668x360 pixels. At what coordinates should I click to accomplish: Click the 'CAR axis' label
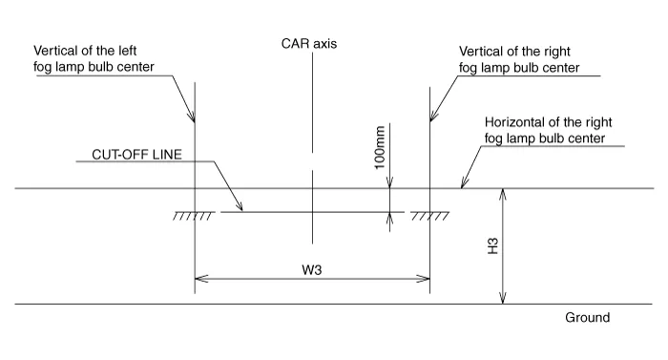point(309,44)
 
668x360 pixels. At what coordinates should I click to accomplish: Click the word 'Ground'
point(587,318)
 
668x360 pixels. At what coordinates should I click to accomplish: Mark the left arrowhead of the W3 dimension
point(198,280)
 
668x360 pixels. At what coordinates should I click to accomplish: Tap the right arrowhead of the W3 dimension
point(425,280)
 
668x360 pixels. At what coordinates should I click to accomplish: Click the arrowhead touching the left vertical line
point(193,119)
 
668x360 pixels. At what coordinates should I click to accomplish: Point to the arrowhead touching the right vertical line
point(431,118)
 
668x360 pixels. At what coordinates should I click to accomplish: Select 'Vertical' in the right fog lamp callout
point(482,50)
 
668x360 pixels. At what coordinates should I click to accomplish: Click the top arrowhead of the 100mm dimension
point(390,183)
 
